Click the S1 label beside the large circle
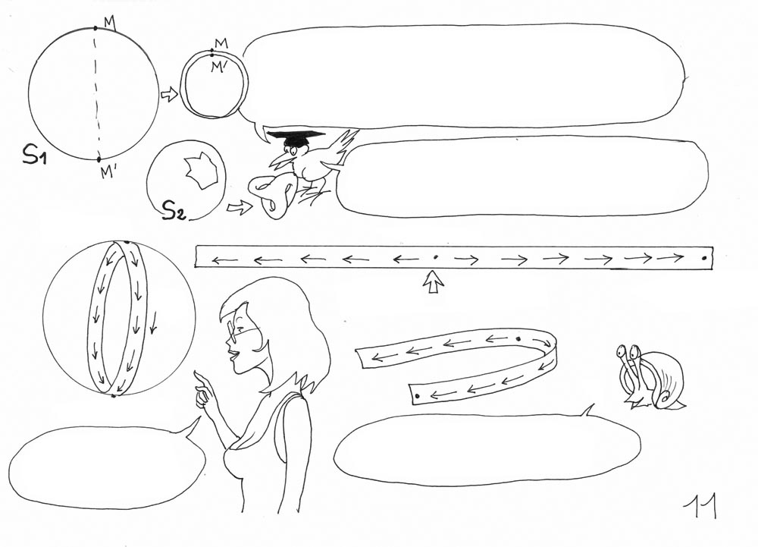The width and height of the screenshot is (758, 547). (34, 154)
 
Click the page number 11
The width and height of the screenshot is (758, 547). (700, 506)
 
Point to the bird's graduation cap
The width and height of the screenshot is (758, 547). (296, 137)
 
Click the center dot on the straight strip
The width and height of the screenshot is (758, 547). (434, 257)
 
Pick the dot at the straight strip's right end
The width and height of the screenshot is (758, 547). (704, 258)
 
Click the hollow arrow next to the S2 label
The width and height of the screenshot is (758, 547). (240, 207)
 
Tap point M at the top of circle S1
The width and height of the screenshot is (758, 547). (96, 28)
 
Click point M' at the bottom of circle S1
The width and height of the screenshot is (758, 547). (99, 159)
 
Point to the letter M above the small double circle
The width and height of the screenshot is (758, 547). (221, 43)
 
